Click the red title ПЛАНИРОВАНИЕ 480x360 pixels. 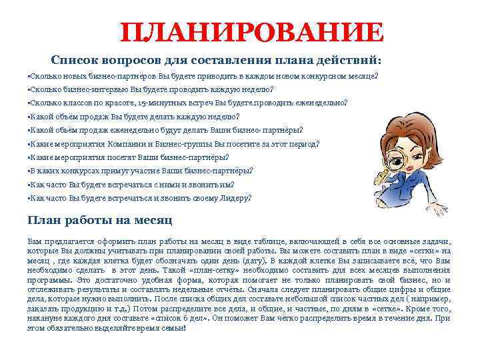pyautogui.click(x=253, y=32)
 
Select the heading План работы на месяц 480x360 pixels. pyautogui.click(x=100, y=219)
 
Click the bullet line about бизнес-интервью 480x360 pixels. pyautogui.click(x=151, y=89)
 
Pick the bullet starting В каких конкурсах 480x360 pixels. pyautogui.click(x=141, y=171)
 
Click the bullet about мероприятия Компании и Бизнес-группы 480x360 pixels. pyautogui.click(x=174, y=143)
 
